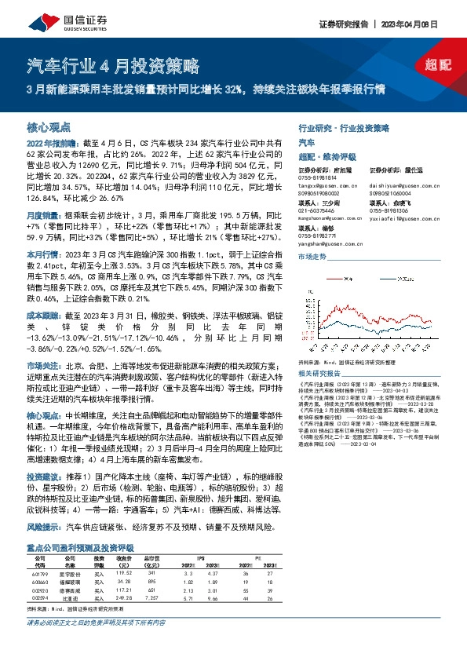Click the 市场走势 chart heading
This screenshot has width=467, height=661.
point(312,257)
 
